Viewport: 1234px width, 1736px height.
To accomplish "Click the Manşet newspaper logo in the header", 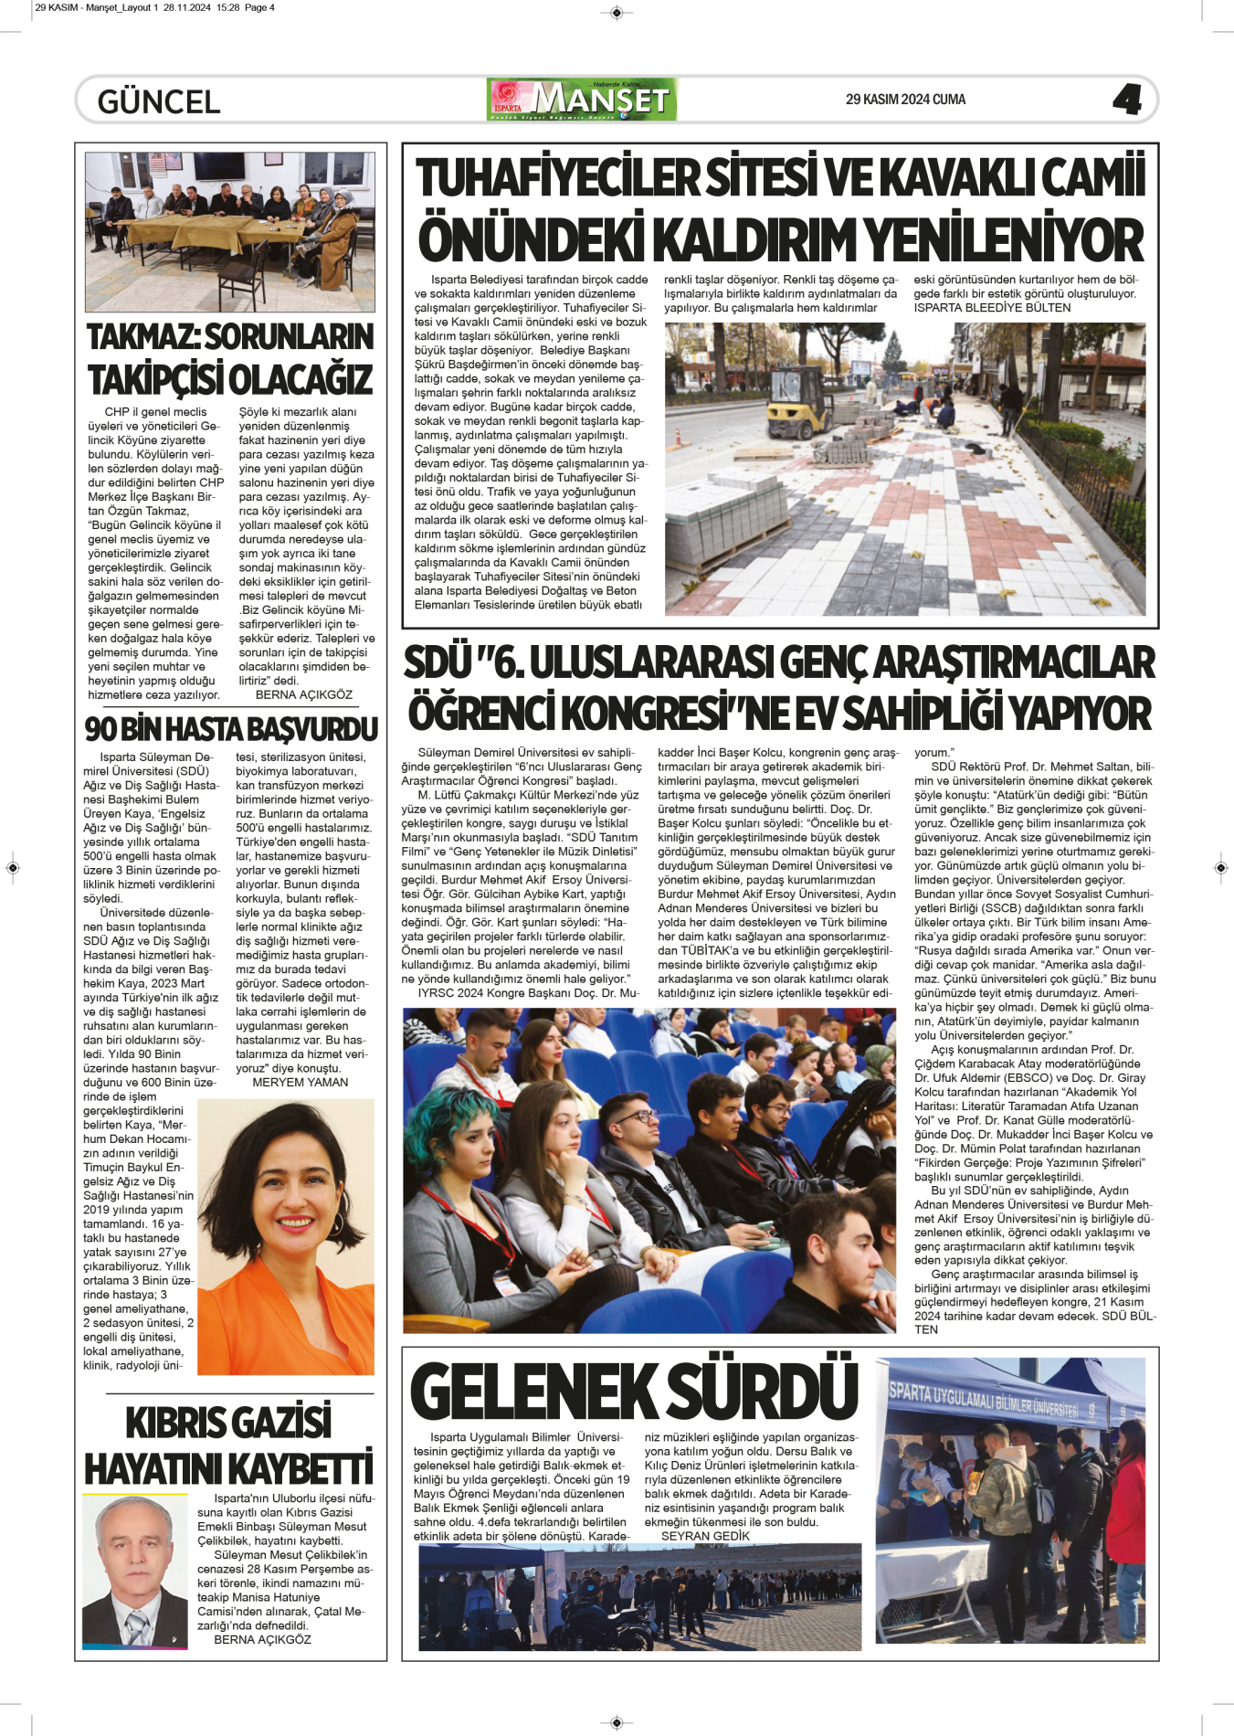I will click(582, 100).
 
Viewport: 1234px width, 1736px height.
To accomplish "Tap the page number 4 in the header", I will click(1127, 99).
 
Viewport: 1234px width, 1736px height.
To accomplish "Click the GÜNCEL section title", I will click(159, 101).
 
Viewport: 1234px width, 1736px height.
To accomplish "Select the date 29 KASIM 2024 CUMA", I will click(905, 100).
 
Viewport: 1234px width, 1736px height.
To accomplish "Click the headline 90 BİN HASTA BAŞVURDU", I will click(230, 729).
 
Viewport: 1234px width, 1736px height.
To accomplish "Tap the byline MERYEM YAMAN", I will click(300, 1082).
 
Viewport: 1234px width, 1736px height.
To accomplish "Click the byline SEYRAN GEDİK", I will click(705, 1536).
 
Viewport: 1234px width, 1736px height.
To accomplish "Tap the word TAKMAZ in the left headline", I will click(142, 337).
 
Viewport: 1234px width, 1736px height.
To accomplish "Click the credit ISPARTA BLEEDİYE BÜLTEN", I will click(992, 308).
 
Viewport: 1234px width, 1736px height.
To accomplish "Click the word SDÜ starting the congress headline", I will click(437, 662).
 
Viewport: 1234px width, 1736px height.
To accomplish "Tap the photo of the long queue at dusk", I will click(639, 1595).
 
